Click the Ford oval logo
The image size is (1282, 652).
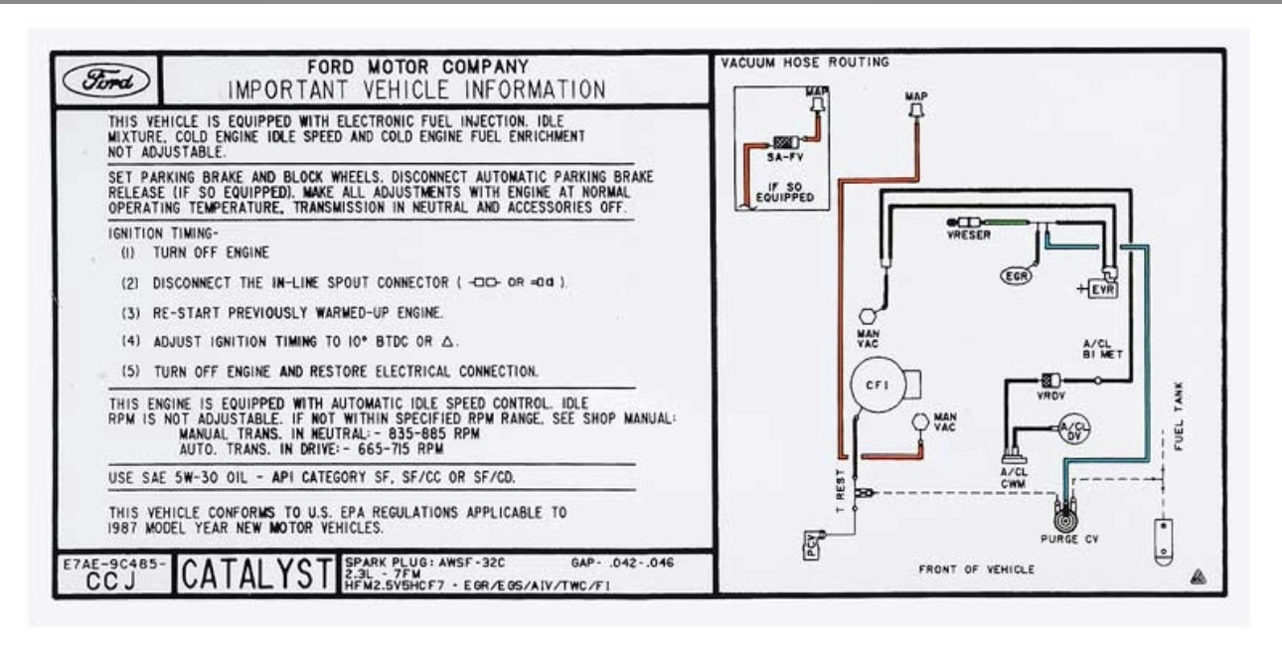click(x=106, y=81)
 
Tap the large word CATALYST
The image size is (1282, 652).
click(x=257, y=573)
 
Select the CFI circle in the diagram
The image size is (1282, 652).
click(x=878, y=385)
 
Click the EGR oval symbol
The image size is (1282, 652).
click(x=1016, y=276)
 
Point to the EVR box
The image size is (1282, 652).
click(x=1103, y=289)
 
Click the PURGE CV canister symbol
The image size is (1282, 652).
click(x=1065, y=517)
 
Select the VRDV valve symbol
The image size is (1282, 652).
click(x=1050, y=380)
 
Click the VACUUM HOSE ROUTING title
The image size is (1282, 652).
click(x=805, y=63)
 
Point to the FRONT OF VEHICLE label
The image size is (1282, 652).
click(x=976, y=570)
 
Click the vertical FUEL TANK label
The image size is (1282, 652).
click(x=1179, y=415)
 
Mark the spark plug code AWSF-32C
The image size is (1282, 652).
click(x=472, y=563)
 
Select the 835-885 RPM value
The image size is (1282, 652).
click(x=434, y=434)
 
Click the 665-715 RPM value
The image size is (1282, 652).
click(x=401, y=449)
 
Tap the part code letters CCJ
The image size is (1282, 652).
click(x=112, y=581)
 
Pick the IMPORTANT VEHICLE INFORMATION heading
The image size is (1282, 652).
click(x=416, y=90)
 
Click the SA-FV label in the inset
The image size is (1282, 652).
click(x=785, y=157)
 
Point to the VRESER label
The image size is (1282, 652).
click(x=968, y=235)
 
